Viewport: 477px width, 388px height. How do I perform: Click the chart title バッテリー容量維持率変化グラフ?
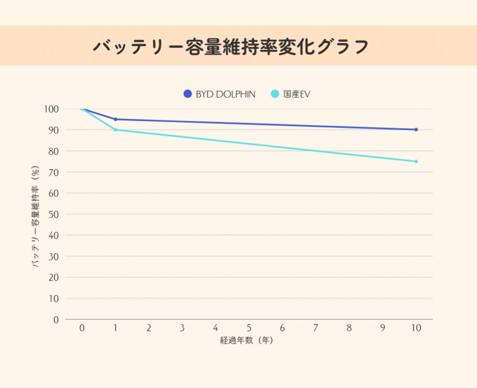tap(231, 46)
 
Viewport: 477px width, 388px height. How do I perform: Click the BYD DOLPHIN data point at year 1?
tap(116, 119)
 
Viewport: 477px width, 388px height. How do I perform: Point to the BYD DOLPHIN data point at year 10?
tap(416, 130)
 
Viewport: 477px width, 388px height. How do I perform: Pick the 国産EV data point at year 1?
tap(116, 130)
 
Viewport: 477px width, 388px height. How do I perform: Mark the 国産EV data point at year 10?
tap(416, 162)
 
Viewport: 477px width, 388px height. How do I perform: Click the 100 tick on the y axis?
tap(52, 109)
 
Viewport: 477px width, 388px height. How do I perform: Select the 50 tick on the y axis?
tap(53, 214)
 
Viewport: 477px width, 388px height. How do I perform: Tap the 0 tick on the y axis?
tap(56, 319)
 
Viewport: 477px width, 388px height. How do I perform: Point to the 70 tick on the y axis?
tap(53, 172)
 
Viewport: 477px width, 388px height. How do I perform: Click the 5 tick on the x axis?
tap(249, 328)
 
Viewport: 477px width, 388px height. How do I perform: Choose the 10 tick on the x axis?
tap(416, 328)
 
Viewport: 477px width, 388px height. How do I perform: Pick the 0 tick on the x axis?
tap(82, 328)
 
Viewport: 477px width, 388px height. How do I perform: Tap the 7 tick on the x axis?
tap(316, 328)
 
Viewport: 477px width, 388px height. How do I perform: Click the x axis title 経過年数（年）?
tap(247, 341)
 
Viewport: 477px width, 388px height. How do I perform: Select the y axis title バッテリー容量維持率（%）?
tap(36, 214)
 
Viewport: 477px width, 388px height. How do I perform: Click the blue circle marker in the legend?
tap(187, 94)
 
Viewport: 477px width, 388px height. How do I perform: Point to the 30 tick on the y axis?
tap(53, 256)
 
